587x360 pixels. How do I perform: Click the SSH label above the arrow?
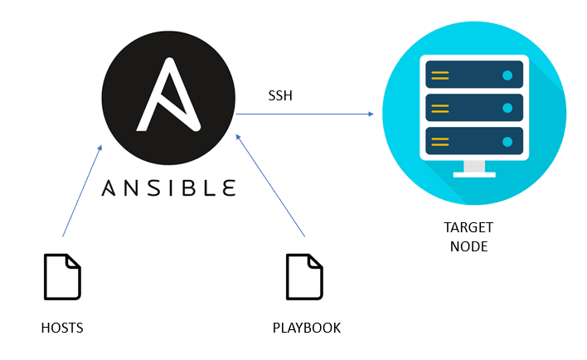280,96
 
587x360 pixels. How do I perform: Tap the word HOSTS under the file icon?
62,328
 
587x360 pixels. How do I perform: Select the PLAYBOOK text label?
307,328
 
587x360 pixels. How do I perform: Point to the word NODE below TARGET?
469,247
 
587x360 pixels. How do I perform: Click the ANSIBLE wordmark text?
168,187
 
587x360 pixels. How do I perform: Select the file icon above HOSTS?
62,277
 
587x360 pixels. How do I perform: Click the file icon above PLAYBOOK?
304,277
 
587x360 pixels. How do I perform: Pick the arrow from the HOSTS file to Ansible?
81,192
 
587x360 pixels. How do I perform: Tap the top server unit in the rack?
473,76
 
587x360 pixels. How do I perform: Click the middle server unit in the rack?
473,107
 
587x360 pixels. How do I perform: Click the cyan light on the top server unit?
507,76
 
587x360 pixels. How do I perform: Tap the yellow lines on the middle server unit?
440,107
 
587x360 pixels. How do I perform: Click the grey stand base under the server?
473,173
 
